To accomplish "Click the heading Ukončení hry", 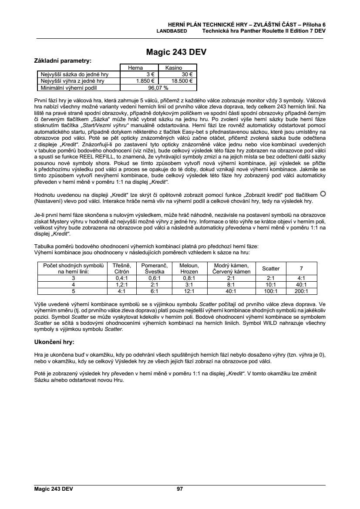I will pyautogui.click(x=54, y=341).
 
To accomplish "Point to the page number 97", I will pyautogui.click(x=180, y=489).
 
